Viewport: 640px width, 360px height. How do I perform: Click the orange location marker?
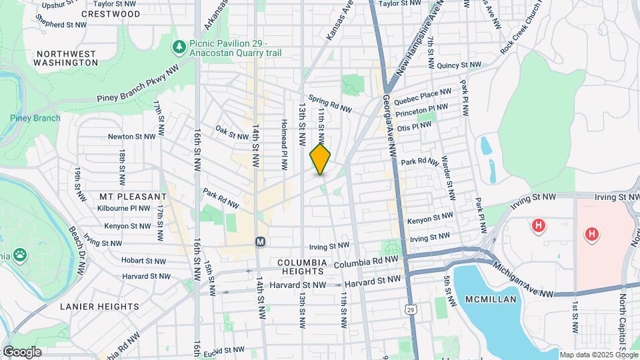click(320, 159)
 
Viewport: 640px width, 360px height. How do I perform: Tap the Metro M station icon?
click(261, 241)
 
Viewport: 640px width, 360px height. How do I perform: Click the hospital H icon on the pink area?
click(591, 234)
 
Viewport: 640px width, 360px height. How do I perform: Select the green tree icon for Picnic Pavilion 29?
click(178, 47)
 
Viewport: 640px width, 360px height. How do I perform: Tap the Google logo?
click(21, 352)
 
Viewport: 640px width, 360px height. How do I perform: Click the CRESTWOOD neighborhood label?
click(110, 13)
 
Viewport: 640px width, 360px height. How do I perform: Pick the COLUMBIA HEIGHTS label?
click(301, 267)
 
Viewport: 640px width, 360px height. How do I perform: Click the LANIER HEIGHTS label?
click(99, 307)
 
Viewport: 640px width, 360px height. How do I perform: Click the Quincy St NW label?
click(459, 65)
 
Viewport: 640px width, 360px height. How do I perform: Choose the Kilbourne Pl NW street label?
click(125, 208)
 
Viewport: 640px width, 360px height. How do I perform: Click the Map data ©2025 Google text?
click(598, 355)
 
